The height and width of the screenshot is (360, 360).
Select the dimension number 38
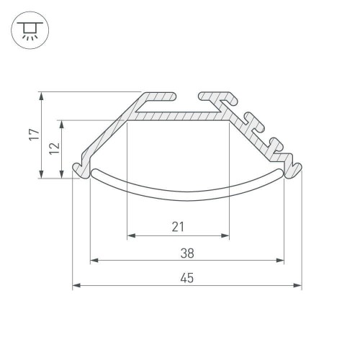pyautogui.click(x=187, y=253)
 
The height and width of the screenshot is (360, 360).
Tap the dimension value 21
pyautogui.click(x=179, y=228)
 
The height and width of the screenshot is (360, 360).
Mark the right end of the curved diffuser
pyautogui.click(x=282, y=173)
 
